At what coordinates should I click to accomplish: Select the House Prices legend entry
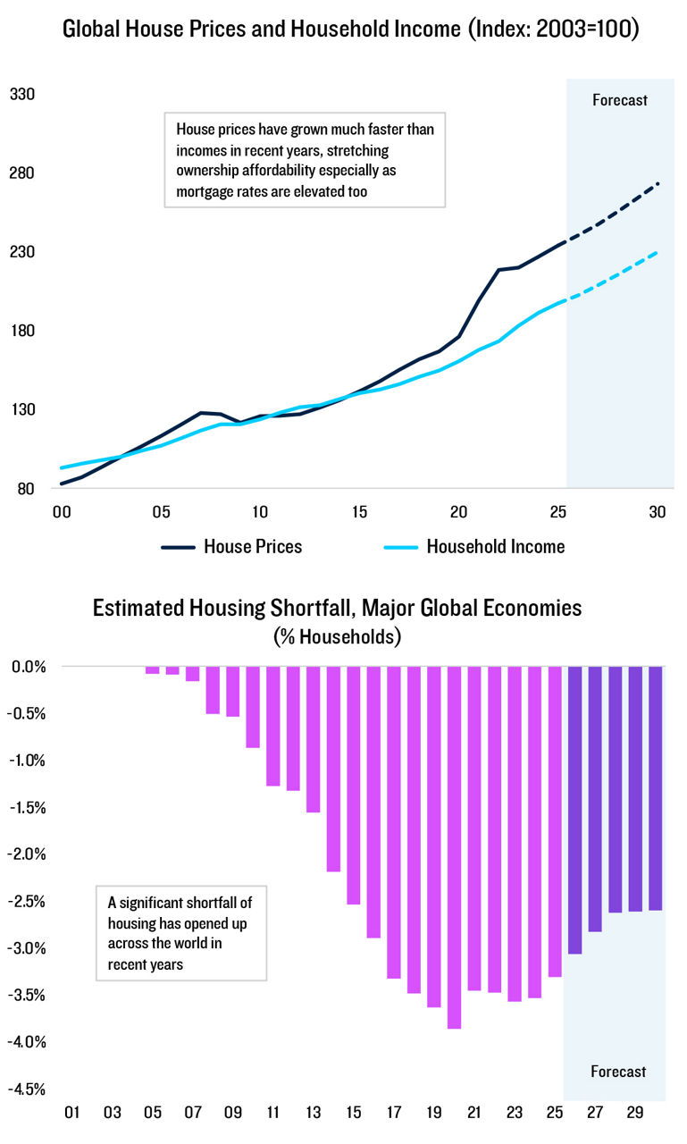coord(232,546)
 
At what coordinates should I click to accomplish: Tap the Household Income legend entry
coord(474,546)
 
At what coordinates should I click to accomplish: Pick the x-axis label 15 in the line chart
coord(359,512)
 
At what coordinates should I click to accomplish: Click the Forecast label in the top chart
coord(619,99)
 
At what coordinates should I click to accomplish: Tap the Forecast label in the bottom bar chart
coord(617,1071)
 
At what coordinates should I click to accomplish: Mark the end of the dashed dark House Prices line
coord(658,183)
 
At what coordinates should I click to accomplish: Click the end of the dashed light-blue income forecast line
coord(658,252)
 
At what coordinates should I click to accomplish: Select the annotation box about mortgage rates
coord(305,160)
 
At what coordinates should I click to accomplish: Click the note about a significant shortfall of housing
coord(181,933)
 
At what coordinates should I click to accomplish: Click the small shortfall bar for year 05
coord(153,669)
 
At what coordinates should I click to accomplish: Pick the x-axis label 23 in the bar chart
coord(514,1113)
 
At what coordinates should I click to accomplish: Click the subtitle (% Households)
coord(338,637)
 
